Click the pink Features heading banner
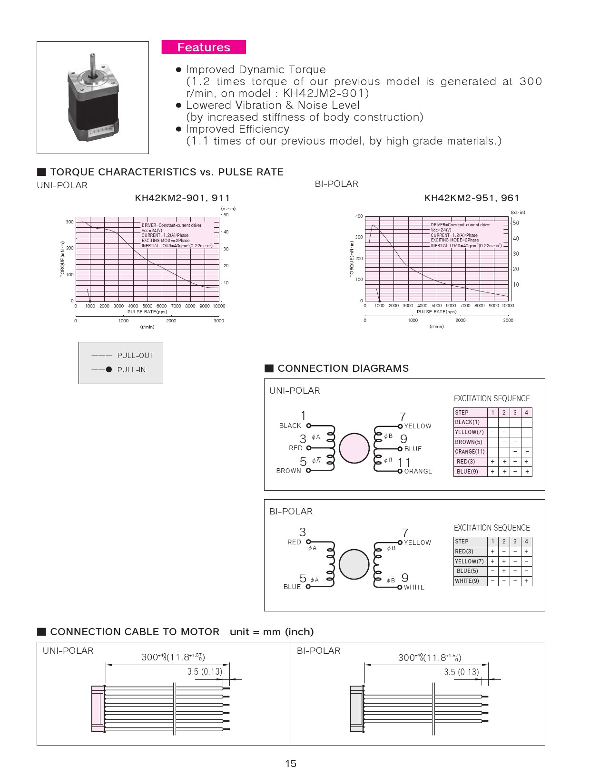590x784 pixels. pos(204,47)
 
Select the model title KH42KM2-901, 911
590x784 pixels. pos(182,198)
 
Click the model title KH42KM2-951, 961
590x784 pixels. pos(472,198)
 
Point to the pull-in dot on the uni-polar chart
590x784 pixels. pos(90,301)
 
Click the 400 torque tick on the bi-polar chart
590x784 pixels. pos(359,216)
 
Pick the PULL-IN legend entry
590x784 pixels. pos(131,370)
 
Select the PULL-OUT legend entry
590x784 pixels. pos(136,356)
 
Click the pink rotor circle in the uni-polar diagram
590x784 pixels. pos(354,448)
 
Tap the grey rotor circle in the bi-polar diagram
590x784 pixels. pos(354,564)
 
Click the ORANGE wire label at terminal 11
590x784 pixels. pos(418,471)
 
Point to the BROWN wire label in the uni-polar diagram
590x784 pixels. pos(289,471)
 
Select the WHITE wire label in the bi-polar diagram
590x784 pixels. pos(414,587)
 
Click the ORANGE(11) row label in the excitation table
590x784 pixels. pos(470,452)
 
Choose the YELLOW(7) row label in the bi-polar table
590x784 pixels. pos(469,561)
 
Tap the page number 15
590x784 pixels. pos(291,764)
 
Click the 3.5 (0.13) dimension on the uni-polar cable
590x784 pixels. pos(205,671)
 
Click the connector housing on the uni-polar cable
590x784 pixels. pos(98,708)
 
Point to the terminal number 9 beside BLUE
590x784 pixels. pos(403,439)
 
